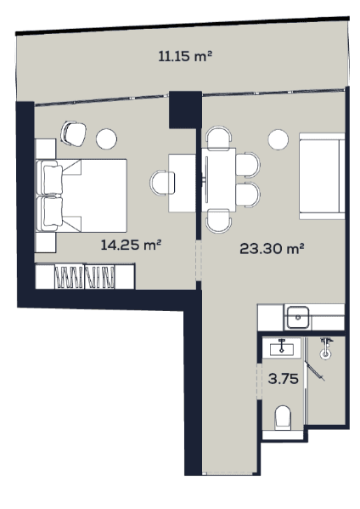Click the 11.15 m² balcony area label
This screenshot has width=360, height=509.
click(x=184, y=57)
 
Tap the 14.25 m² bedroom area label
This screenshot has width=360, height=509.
click(x=131, y=245)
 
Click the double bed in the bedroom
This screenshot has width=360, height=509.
click(x=83, y=195)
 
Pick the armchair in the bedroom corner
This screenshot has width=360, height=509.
click(x=74, y=133)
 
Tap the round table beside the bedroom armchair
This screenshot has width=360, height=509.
click(x=107, y=137)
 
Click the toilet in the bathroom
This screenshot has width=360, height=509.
click(x=284, y=417)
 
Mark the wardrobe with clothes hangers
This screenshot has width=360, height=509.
click(x=85, y=277)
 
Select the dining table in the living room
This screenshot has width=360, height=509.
click(x=220, y=178)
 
